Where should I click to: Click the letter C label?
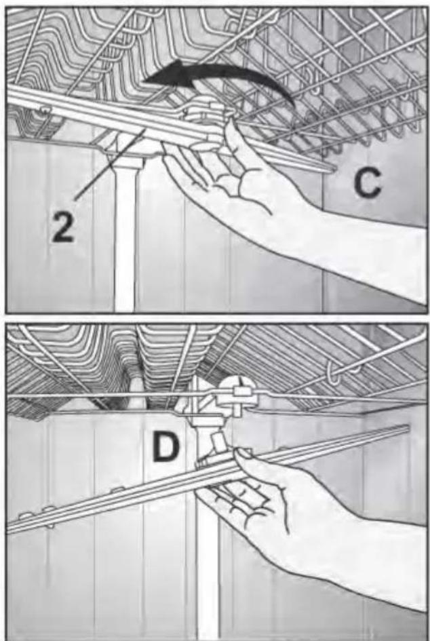click(x=368, y=182)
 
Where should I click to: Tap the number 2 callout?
click(x=63, y=227)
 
